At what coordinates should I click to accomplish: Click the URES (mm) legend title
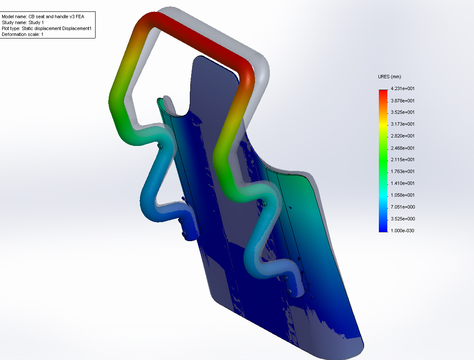coord(389,77)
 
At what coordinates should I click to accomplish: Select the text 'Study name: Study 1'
coord(23,22)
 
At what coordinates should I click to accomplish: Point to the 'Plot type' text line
coord(47,28)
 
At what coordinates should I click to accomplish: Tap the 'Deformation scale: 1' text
coord(23,35)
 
